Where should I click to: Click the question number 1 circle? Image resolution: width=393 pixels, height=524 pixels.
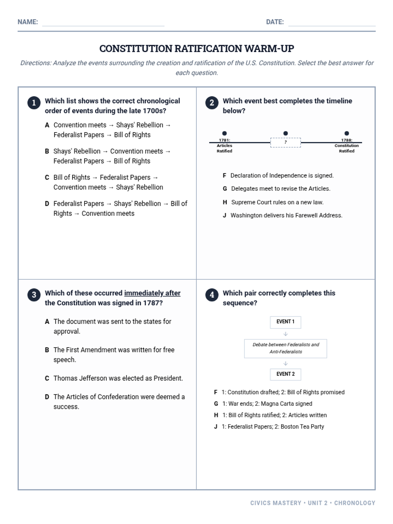tap(34, 103)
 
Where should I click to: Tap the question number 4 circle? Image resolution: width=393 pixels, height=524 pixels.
tap(212, 295)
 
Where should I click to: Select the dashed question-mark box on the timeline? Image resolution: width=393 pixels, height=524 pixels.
tap(285, 142)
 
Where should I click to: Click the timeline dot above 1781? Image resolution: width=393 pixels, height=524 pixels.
tap(224, 133)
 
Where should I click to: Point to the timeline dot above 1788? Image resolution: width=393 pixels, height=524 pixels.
tap(346, 133)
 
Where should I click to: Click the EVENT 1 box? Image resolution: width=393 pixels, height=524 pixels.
tap(285, 322)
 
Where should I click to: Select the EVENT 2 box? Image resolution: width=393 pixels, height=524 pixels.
tap(285, 374)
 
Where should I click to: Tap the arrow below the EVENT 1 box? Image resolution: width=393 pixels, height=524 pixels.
tap(285, 334)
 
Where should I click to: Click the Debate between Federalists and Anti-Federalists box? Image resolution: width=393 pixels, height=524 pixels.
tap(285, 348)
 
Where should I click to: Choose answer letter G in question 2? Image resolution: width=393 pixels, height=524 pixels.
tap(225, 189)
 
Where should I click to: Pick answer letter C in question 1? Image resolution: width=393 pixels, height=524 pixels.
tap(47, 178)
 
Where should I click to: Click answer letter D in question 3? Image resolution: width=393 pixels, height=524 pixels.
tap(47, 397)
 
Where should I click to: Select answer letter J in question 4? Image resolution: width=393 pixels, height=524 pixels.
tap(215, 427)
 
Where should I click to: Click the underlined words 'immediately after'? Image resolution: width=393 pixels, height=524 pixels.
tap(152, 293)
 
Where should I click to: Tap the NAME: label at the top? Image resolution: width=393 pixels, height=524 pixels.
tap(28, 22)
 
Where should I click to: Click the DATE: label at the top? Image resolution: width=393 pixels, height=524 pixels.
tap(275, 22)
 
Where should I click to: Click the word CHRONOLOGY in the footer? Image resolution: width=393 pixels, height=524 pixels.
tap(355, 503)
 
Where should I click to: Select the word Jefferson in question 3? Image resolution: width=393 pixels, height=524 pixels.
tap(93, 378)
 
